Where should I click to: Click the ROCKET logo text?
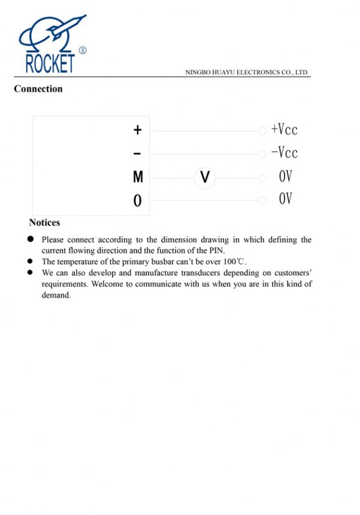click(x=50, y=63)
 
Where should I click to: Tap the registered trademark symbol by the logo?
click(x=83, y=51)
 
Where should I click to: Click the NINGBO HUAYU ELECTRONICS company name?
click(x=247, y=72)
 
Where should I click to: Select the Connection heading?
click(x=38, y=89)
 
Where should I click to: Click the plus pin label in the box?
click(x=138, y=129)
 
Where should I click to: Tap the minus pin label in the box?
click(x=138, y=154)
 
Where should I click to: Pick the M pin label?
click(x=138, y=177)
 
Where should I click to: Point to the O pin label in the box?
click(x=138, y=201)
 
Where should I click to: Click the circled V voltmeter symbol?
click(x=205, y=177)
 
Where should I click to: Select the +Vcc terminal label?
click(x=284, y=129)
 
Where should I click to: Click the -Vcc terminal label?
click(x=284, y=153)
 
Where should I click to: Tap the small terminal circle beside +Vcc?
click(x=262, y=131)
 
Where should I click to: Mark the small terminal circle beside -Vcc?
click(x=262, y=154)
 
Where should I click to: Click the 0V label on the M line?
click(x=285, y=177)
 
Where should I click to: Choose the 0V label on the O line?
click(x=285, y=199)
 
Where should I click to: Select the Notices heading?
click(x=44, y=222)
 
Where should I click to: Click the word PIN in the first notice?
click(x=216, y=250)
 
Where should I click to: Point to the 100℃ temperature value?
click(x=234, y=261)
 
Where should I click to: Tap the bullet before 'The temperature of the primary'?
click(x=30, y=261)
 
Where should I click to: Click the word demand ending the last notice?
click(x=56, y=295)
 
